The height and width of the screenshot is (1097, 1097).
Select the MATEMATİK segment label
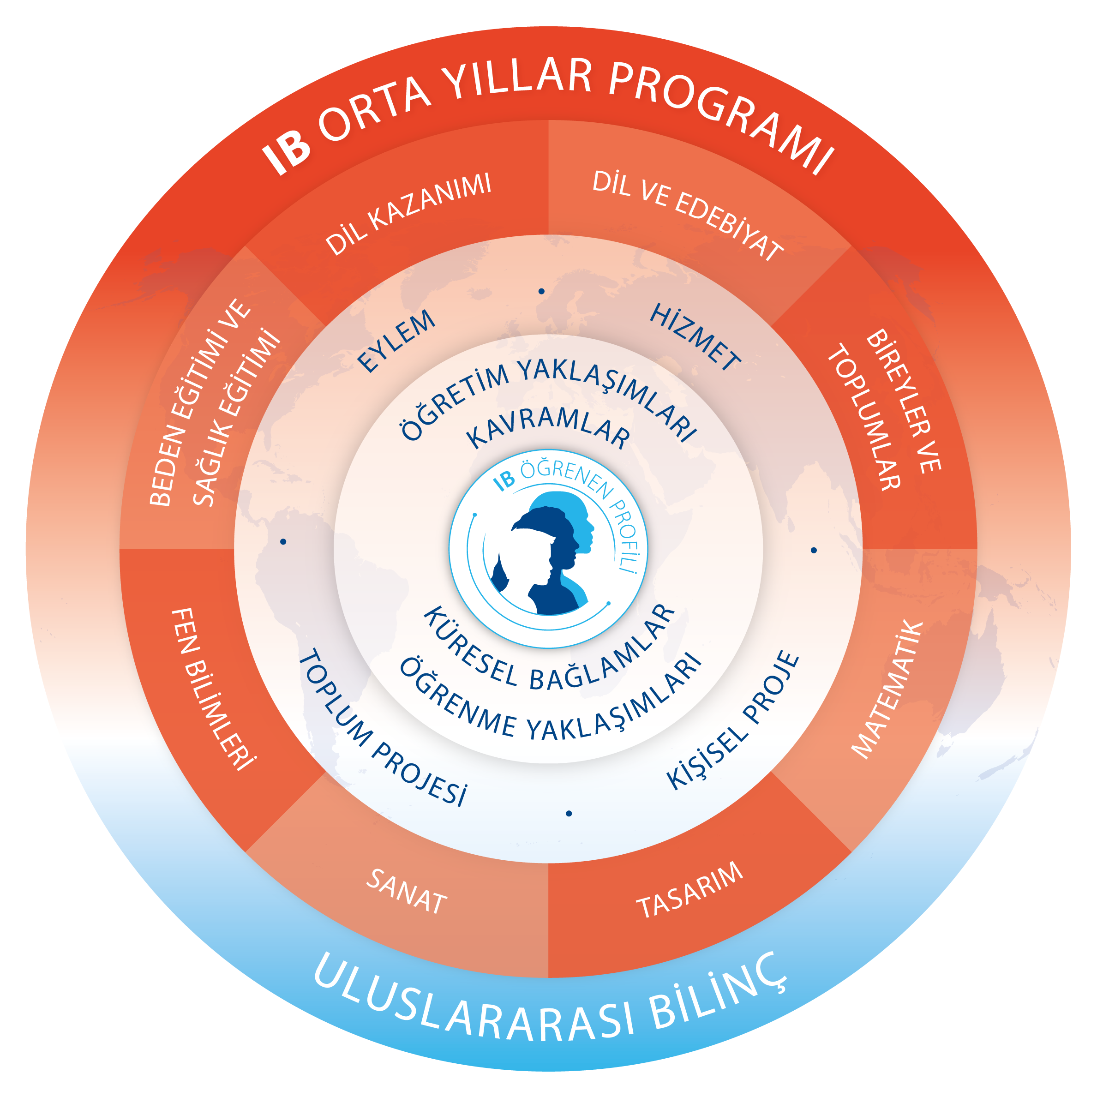click(x=887, y=690)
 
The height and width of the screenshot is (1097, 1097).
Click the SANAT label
click(x=407, y=892)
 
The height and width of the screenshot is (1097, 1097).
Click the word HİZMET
click(x=695, y=337)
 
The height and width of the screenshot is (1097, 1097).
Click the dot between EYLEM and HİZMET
click(x=542, y=291)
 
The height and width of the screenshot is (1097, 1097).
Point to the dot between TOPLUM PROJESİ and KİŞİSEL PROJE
click(x=569, y=814)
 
